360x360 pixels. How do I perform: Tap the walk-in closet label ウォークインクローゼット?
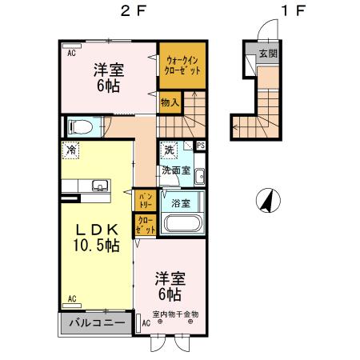tap(182, 64)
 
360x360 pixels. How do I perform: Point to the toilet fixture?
tap(82, 126)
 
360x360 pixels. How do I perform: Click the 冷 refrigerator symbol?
tap(72, 149)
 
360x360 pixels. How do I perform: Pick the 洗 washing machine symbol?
tap(170, 149)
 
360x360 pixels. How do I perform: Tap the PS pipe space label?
tap(201, 146)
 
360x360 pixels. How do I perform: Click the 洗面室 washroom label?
tap(175, 170)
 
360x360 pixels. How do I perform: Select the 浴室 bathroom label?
tap(181, 203)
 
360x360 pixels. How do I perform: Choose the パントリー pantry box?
tap(145, 198)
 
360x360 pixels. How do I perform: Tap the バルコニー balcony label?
tap(95, 324)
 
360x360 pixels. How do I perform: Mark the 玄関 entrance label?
tap(268, 54)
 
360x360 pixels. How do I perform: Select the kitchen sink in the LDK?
tap(99, 186)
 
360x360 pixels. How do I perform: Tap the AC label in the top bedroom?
tap(71, 53)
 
